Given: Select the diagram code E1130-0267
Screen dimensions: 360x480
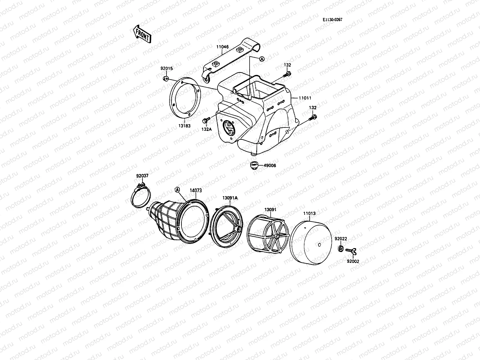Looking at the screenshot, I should [332, 20].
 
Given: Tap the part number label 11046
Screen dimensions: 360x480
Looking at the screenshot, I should [222, 47].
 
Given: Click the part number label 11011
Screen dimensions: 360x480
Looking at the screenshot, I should [305, 98].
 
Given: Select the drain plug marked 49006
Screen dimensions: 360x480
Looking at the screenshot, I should [254, 165].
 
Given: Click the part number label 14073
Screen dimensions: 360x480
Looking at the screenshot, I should [196, 190].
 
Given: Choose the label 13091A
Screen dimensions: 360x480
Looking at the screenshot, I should [230, 198].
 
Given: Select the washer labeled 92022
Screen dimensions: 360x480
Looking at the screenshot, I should [340, 248].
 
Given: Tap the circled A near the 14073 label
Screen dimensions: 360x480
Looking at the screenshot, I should [177, 190].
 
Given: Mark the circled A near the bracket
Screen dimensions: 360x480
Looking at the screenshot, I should [262, 59].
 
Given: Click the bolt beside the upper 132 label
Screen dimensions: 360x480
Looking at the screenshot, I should [288, 73].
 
